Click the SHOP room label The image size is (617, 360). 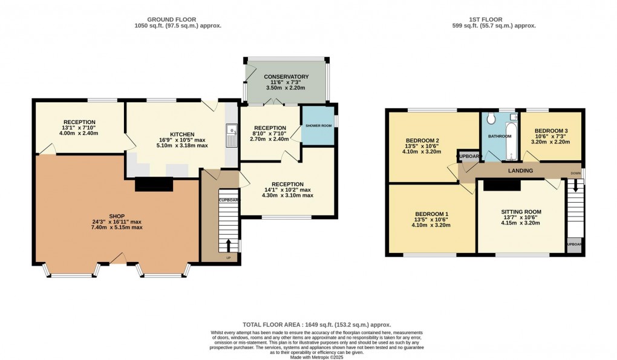point(117,215)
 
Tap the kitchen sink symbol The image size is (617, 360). point(230,136)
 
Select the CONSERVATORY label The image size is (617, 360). point(286,77)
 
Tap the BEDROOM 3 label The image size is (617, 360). point(551,131)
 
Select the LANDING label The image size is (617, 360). point(520,171)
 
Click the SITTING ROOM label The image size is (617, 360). point(521,212)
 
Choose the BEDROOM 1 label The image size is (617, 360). point(431,214)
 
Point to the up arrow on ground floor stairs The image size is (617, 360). point(229,245)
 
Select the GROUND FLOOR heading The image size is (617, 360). point(177,19)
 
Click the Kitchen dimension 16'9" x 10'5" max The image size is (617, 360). point(182,140)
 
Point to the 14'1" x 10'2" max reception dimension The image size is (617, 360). point(287,189)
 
